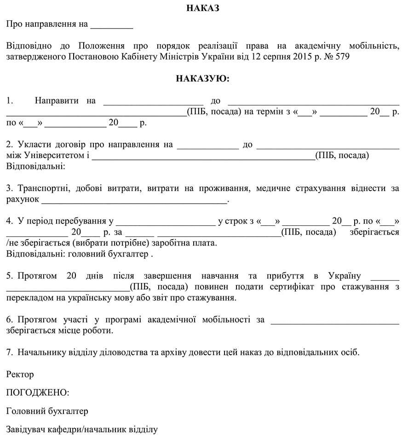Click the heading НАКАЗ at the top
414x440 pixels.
[203, 8]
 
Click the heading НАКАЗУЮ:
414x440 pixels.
[202, 79]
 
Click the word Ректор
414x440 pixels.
[20, 374]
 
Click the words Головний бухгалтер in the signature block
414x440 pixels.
[47, 411]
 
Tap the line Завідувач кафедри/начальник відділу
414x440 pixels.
[82, 429]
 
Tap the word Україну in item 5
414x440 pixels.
[345, 276]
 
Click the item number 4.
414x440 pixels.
[9, 221]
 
